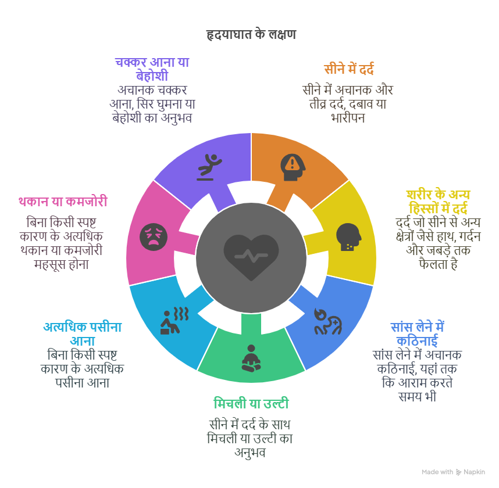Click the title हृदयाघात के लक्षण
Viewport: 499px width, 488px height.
coord(251,34)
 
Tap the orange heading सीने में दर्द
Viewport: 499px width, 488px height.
coord(349,69)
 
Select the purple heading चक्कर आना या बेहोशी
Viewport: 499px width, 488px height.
coord(152,69)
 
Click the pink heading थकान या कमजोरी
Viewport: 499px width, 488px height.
coord(63,202)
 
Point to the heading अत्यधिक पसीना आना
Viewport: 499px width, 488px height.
coord(83,334)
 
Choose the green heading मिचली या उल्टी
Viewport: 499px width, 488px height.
coord(251,403)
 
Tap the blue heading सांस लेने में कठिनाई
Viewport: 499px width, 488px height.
coord(417,334)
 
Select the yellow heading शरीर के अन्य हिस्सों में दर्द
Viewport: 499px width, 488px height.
coord(438,202)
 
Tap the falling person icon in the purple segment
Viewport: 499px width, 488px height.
coord(209,167)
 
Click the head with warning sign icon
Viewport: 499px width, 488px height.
coord(293,167)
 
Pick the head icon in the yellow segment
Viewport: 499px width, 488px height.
coord(349,237)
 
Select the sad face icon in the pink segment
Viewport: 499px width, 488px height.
coord(154,237)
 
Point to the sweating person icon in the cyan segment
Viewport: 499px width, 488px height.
coord(174,321)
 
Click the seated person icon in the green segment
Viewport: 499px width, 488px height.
coord(251,358)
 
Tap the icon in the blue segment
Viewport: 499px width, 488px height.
coord(328,321)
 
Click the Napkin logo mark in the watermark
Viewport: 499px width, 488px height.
coord(458,472)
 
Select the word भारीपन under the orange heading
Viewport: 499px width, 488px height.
coord(348,118)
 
